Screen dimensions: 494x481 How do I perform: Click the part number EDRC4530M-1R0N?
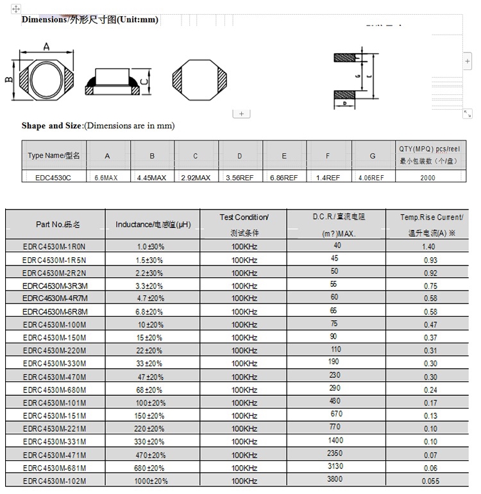(x=54, y=247)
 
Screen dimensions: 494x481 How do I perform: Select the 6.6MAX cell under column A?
(x=107, y=178)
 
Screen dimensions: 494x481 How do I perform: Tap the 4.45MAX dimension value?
(x=151, y=178)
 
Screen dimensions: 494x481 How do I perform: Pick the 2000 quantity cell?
(x=428, y=178)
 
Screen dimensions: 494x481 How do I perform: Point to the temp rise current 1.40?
(x=430, y=247)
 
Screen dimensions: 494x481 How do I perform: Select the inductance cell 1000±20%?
(x=151, y=481)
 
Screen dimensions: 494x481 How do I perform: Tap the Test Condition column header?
(x=244, y=217)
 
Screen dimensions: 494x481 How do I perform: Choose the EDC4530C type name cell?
(x=54, y=178)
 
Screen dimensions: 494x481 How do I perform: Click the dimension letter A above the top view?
(x=46, y=47)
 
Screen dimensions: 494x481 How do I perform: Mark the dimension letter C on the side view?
(x=145, y=81)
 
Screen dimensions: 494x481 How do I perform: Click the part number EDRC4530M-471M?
(x=54, y=455)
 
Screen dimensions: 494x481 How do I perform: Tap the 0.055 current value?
(x=430, y=481)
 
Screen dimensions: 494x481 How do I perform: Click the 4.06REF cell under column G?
(x=371, y=178)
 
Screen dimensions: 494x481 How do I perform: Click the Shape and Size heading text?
(x=52, y=126)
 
